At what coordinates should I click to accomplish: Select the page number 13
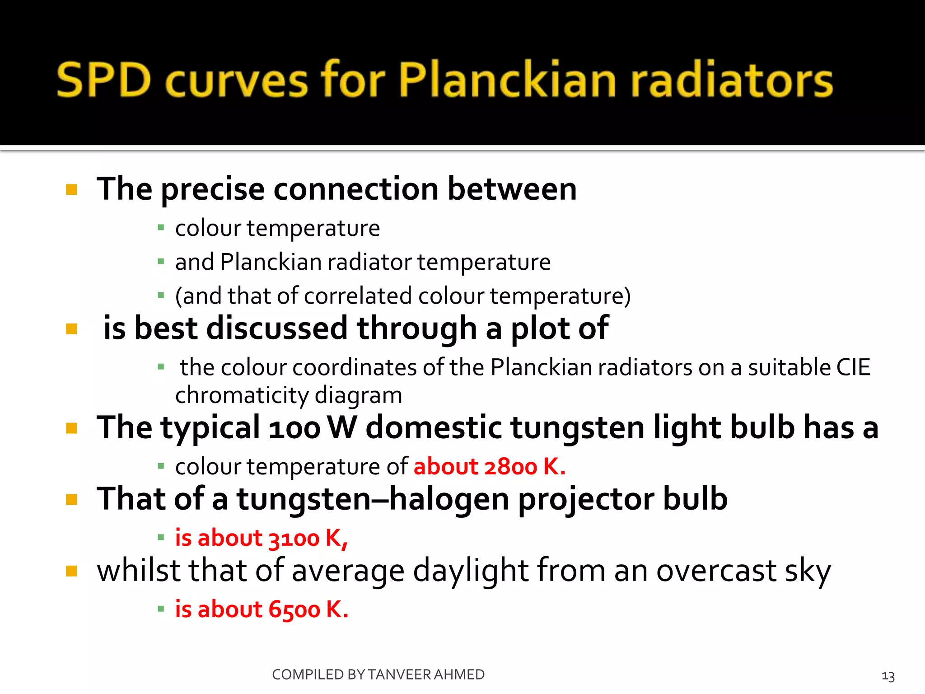point(888,676)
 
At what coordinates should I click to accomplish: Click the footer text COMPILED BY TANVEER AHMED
point(378,675)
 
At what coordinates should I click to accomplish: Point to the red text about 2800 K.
point(489,466)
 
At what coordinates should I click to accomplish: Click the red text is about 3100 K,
point(261,538)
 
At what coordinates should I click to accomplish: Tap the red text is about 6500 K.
point(262,609)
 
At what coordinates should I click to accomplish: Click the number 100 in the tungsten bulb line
point(294,428)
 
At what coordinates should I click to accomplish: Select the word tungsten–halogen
point(373,499)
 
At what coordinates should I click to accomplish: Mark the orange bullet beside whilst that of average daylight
point(71,571)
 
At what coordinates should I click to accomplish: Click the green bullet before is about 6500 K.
point(161,609)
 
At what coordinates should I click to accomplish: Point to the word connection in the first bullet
point(356,189)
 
